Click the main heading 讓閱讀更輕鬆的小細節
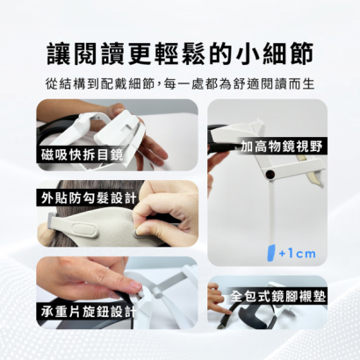(179, 52)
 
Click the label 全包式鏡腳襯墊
(277, 296)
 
